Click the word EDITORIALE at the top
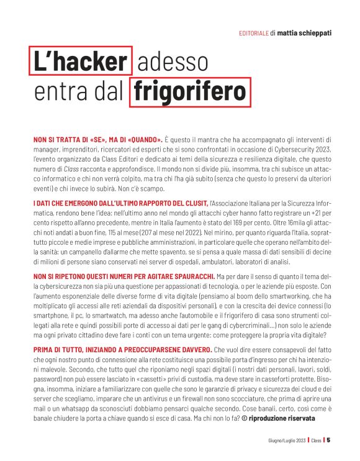tap(253, 33)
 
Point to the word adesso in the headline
tap(166, 62)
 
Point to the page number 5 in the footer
tap(328, 440)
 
